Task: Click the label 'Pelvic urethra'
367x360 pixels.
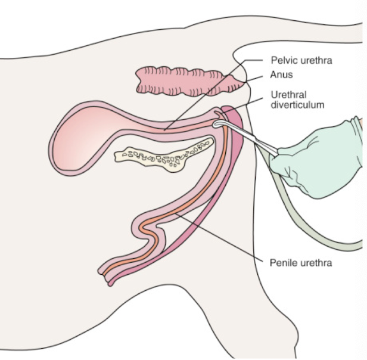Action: pos(300,61)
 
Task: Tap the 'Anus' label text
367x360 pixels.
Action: pos(282,76)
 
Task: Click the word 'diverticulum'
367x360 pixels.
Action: pos(297,104)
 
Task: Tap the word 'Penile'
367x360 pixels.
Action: pos(282,262)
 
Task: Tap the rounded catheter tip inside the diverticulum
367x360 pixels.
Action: pos(216,124)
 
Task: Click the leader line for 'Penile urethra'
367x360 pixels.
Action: pos(220,238)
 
